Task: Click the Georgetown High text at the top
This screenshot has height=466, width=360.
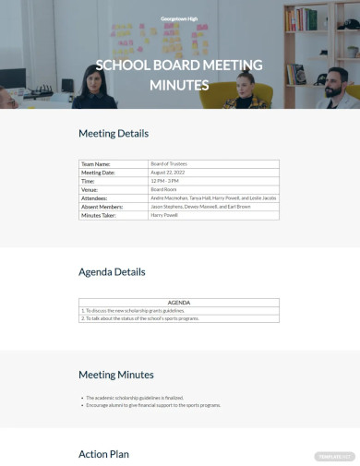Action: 179,18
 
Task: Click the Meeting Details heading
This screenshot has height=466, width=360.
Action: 114,133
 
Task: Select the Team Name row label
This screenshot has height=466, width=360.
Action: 96,163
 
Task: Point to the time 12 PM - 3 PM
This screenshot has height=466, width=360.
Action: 165,181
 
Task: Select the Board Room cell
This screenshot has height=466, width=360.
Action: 163,189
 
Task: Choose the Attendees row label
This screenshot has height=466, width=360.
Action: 94,198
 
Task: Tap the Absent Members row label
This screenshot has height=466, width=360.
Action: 102,207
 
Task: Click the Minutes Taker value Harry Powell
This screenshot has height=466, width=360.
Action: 164,215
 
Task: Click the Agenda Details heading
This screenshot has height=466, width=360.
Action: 112,272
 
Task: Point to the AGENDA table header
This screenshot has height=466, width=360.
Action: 179,302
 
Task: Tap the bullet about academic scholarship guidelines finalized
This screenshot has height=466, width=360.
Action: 141,397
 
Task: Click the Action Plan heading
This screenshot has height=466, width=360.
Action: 103,453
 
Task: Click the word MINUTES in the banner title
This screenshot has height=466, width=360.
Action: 180,85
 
